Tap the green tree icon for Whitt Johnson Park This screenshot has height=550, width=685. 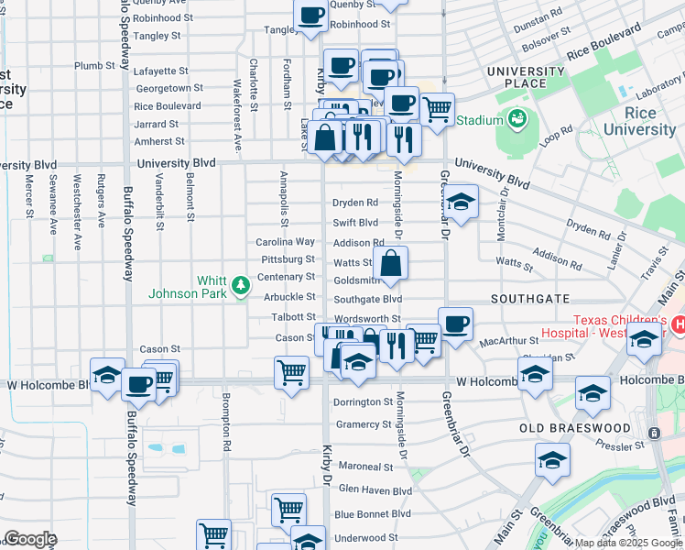[x=241, y=286]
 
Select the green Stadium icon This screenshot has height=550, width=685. [x=517, y=119]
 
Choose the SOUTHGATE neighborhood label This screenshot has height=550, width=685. [x=530, y=299]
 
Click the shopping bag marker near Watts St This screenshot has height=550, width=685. [x=390, y=263]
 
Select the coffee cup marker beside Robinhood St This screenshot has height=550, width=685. [x=311, y=16]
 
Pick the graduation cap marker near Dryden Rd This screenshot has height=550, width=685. [x=461, y=202]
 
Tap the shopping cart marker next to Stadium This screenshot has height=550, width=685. [x=438, y=109]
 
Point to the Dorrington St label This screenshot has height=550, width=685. [x=363, y=402]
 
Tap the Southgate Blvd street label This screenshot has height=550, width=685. [x=367, y=299]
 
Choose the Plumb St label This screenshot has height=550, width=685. [x=94, y=66]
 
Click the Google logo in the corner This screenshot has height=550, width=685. [x=30, y=539]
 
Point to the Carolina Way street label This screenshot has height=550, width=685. [x=285, y=242]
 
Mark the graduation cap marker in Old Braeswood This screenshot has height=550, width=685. [x=553, y=460]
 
